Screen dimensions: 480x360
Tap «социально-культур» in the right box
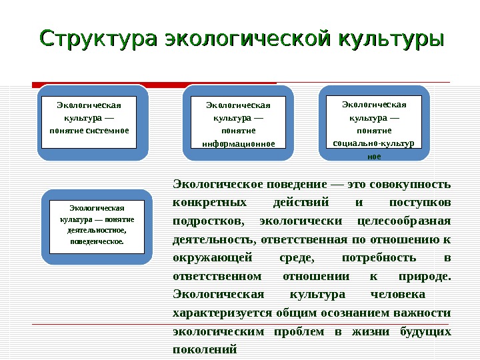(373, 143)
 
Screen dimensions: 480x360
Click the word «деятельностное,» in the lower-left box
(97, 230)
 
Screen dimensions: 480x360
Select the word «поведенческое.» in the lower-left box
(97, 241)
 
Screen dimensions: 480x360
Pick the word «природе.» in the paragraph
(423, 276)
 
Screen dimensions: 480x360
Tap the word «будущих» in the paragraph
(425, 331)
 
